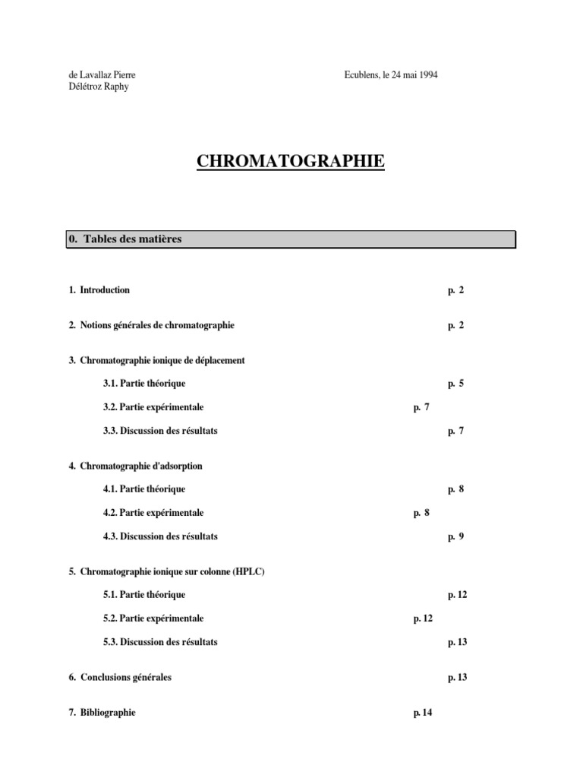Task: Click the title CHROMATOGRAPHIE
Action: (291, 162)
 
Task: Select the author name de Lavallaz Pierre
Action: (102, 75)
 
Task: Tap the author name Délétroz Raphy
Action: (99, 87)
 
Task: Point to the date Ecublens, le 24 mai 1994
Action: (390, 75)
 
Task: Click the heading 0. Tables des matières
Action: (125, 239)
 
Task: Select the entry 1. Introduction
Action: (99, 290)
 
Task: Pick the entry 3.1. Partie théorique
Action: (144, 384)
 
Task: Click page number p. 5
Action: (455, 384)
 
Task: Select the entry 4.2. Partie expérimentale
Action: (153, 513)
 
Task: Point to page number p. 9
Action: (455, 536)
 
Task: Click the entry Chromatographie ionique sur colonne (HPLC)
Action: (172, 571)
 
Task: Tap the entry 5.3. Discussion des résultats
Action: (160, 642)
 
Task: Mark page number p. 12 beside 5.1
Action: (457, 595)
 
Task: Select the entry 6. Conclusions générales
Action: (120, 677)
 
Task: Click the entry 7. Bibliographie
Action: (102, 713)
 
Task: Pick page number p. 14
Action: (423, 713)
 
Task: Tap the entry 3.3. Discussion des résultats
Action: (160, 431)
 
